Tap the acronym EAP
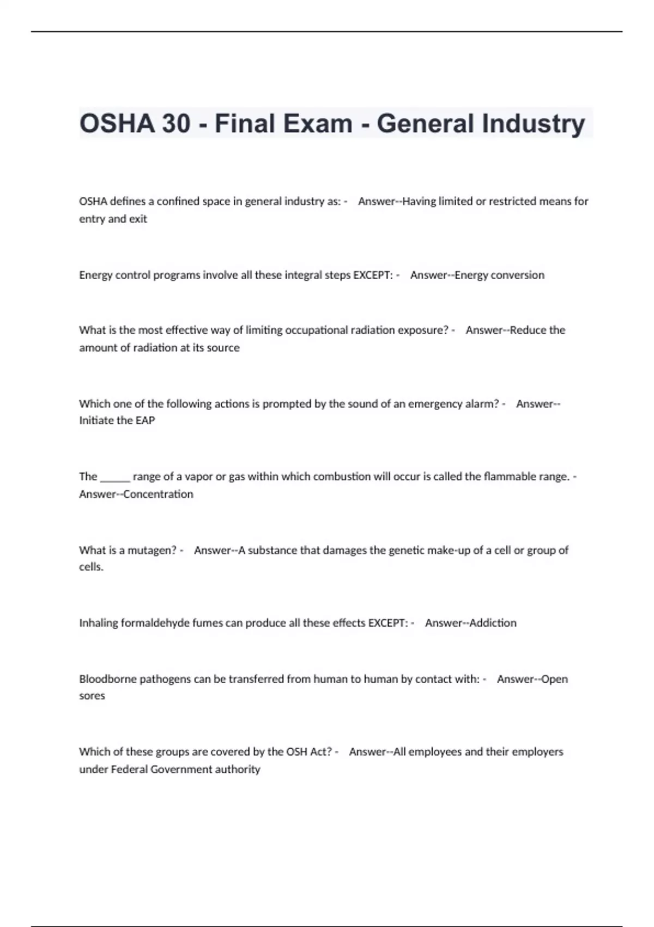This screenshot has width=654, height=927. pyautogui.click(x=145, y=420)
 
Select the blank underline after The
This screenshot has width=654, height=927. pyautogui.click(x=115, y=477)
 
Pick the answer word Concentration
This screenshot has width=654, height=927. pyautogui.click(x=158, y=494)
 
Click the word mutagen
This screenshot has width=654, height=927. pyautogui.click(x=152, y=550)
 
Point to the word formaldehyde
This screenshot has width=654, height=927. pyautogui.click(x=154, y=623)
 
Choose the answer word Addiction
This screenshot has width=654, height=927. pyautogui.click(x=493, y=623)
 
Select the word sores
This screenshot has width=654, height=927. pyautogui.click(x=92, y=696)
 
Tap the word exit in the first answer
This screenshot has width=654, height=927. pyautogui.click(x=138, y=219)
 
